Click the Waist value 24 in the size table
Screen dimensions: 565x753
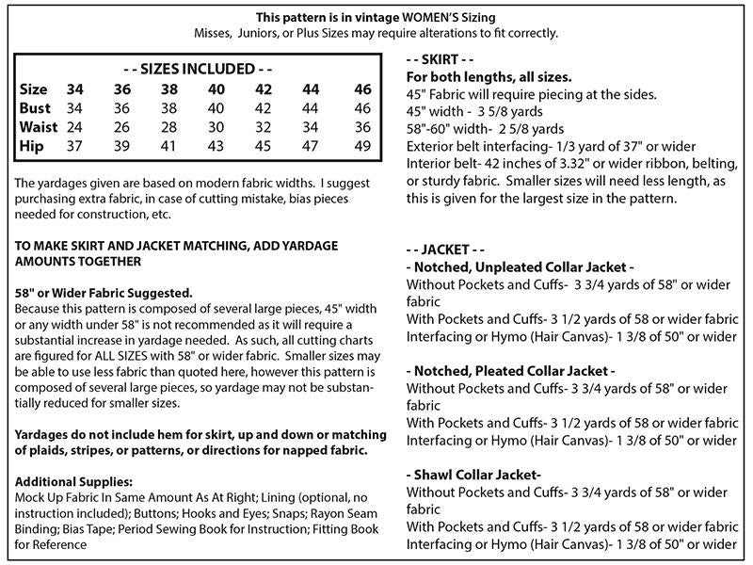tap(74, 127)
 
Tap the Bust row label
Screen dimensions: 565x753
tap(35, 108)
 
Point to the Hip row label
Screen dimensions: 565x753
tap(32, 147)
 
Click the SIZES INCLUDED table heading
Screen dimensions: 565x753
tap(198, 69)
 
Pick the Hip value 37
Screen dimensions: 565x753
tap(74, 147)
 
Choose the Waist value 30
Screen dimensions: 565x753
tap(216, 127)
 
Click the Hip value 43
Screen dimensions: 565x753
tap(216, 147)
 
